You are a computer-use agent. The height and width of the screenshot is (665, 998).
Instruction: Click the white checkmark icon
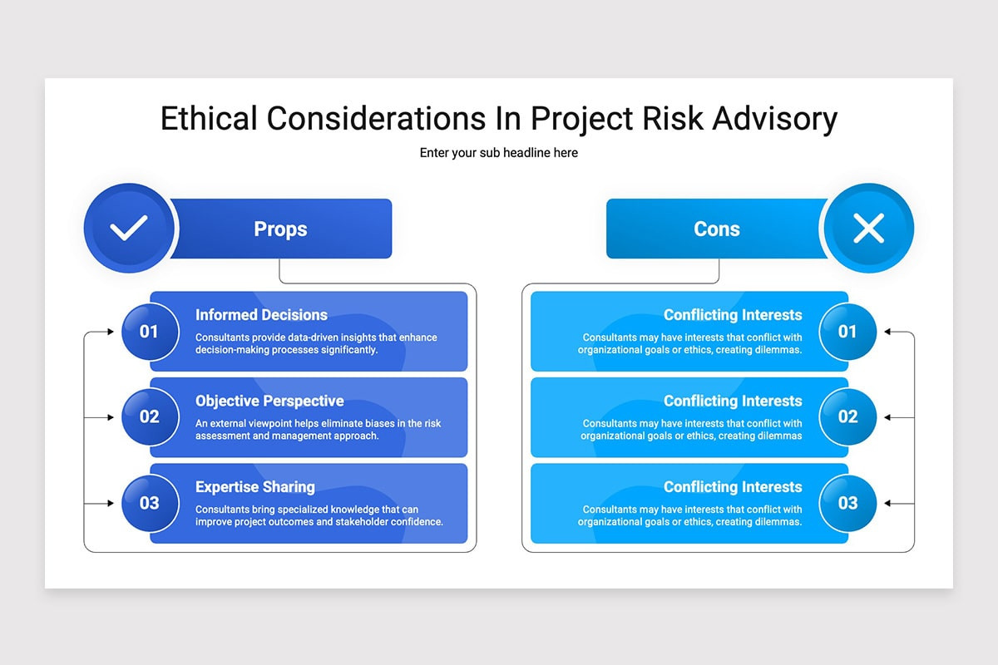pyautogui.click(x=129, y=228)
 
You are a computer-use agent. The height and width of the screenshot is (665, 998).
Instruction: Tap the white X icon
pyautogui.click(x=868, y=228)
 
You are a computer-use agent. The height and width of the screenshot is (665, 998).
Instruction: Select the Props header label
pyautogui.click(x=280, y=229)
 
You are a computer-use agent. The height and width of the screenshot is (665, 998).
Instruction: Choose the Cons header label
pyautogui.click(x=716, y=229)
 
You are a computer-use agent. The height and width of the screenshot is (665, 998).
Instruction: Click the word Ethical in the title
pyautogui.click(x=209, y=119)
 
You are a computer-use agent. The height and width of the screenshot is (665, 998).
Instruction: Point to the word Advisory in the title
pyautogui.click(x=775, y=119)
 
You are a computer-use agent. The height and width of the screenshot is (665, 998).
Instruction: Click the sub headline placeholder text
pyautogui.click(x=498, y=153)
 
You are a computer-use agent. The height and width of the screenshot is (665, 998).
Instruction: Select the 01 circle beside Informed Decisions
pyautogui.click(x=151, y=332)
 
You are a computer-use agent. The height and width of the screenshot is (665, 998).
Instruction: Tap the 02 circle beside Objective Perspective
pyautogui.click(x=151, y=417)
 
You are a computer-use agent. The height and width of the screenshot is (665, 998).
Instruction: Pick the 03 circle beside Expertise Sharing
pyautogui.click(x=151, y=503)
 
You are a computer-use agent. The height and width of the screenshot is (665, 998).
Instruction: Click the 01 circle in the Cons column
pyautogui.click(x=847, y=332)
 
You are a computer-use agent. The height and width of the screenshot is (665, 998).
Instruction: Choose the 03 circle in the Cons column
pyautogui.click(x=847, y=503)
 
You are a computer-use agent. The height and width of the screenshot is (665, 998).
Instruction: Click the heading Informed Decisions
pyautogui.click(x=261, y=315)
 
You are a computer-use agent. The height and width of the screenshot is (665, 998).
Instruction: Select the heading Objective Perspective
pyautogui.click(x=269, y=401)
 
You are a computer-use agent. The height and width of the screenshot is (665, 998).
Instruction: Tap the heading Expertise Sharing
pyautogui.click(x=255, y=487)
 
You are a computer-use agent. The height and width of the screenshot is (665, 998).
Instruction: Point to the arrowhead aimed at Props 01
pyautogui.click(x=111, y=332)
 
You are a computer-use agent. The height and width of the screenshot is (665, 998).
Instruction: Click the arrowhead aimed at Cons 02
pyautogui.click(x=887, y=417)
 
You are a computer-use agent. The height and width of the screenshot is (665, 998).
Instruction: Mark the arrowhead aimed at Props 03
pyautogui.click(x=111, y=503)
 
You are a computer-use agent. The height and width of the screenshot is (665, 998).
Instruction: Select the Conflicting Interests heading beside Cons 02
pyautogui.click(x=733, y=401)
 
